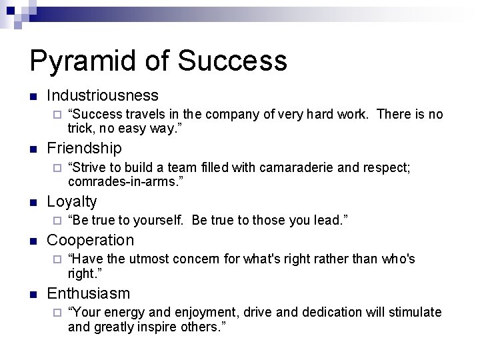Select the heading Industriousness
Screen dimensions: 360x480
(103, 95)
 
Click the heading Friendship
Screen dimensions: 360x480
(84, 148)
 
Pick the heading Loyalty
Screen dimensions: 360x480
(72, 201)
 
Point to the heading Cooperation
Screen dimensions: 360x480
(91, 240)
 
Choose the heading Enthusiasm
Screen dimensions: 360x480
(89, 293)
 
